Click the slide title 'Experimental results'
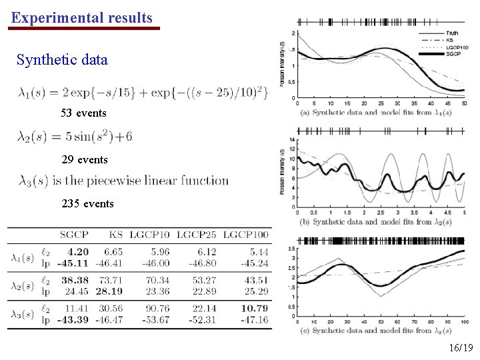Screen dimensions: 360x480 pos(81,18)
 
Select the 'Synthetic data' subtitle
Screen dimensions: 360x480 pos(62,60)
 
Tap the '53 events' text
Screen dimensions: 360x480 pos(83,113)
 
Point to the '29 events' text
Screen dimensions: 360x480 pos(83,160)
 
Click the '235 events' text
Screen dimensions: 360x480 pos(87,203)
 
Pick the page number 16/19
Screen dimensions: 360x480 pos(461,348)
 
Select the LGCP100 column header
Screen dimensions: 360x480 pos(246,235)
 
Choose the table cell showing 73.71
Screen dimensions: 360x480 pos(111,281)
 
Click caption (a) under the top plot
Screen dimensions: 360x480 pos(377,112)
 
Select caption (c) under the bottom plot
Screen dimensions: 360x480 pos(377,330)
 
